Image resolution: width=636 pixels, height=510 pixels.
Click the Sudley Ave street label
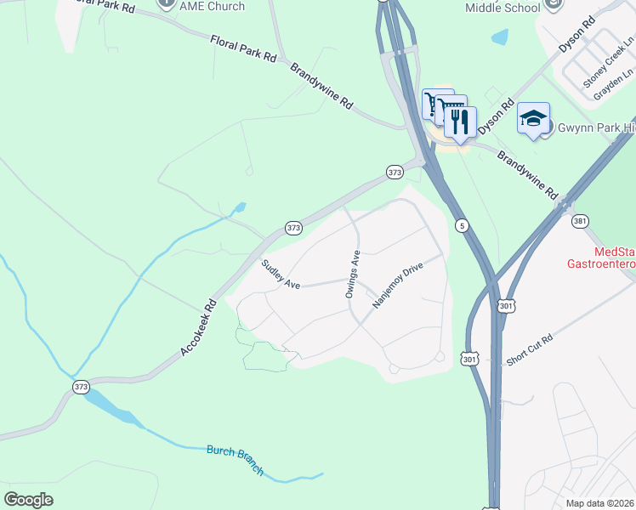281,274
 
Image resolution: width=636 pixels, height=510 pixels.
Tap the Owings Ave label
354,274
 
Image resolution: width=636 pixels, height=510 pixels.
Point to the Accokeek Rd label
198,327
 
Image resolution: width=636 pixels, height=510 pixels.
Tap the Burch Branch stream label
236,460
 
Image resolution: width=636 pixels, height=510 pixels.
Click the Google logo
28,500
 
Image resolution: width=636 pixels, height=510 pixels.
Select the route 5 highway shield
462,225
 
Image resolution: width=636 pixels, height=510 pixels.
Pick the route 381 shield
580,221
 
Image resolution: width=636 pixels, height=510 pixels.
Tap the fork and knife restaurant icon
460,121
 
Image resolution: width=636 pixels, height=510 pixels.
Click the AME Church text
213,6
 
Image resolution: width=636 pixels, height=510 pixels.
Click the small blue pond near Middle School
500,37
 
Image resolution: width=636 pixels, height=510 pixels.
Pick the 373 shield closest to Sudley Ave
293,228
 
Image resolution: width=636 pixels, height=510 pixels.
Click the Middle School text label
502,8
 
